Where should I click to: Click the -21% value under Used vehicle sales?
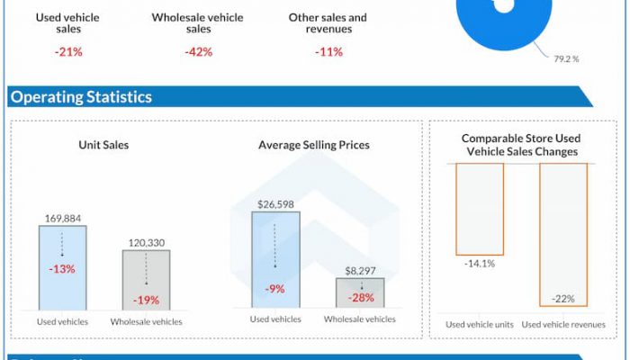tap(67, 51)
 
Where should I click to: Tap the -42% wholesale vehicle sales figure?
tap(198, 51)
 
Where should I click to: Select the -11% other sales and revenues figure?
tap(328, 51)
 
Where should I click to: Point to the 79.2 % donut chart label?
tap(567, 58)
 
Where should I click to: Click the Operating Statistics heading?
tap(81, 97)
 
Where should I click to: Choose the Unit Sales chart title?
tap(103, 144)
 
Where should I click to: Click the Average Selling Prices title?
tap(313, 144)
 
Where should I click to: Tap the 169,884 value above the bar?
tap(62, 218)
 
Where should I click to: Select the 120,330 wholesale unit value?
tap(146, 242)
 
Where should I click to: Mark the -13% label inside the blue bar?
tap(62, 269)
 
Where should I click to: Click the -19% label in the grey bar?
tap(146, 300)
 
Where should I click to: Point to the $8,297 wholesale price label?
tap(360, 270)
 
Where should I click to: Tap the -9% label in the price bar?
tap(275, 289)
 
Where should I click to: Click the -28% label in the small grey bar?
tap(360, 298)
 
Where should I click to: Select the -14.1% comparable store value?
tap(480, 264)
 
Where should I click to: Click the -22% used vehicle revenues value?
tap(562, 299)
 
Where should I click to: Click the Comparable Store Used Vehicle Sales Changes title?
tap(521, 145)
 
